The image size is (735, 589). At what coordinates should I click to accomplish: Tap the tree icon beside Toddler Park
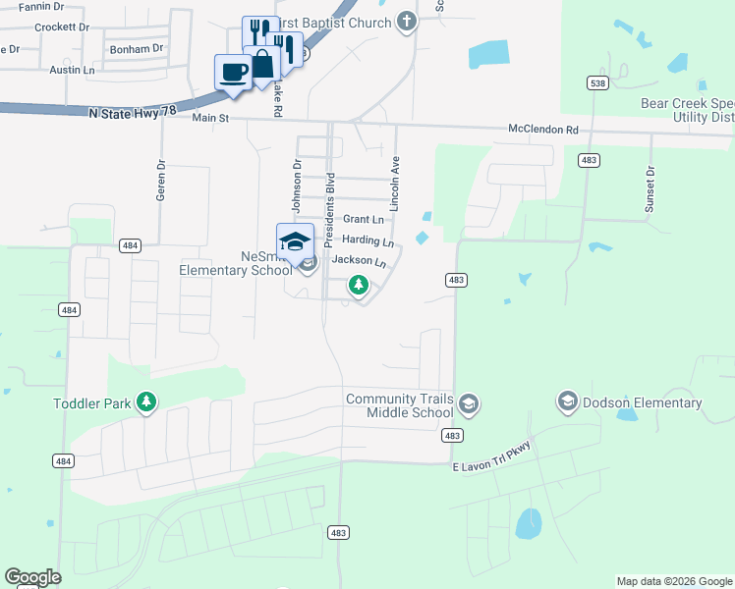pos(146,402)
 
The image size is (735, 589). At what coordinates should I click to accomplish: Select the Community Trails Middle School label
pos(400,405)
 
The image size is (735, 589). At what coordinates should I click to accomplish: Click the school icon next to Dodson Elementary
pos(567,402)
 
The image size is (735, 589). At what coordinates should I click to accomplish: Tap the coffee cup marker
pos(234,72)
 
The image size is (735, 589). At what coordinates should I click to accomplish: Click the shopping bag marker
pos(262,64)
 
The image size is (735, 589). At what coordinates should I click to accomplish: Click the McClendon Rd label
pos(543,130)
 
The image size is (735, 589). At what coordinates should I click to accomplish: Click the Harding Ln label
pos(367,241)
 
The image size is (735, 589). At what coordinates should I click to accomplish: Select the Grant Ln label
pos(363,219)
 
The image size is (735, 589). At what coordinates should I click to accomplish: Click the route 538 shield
pos(597,84)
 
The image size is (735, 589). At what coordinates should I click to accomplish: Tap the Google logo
pos(32,577)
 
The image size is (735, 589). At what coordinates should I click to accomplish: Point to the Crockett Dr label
pos(62,27)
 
